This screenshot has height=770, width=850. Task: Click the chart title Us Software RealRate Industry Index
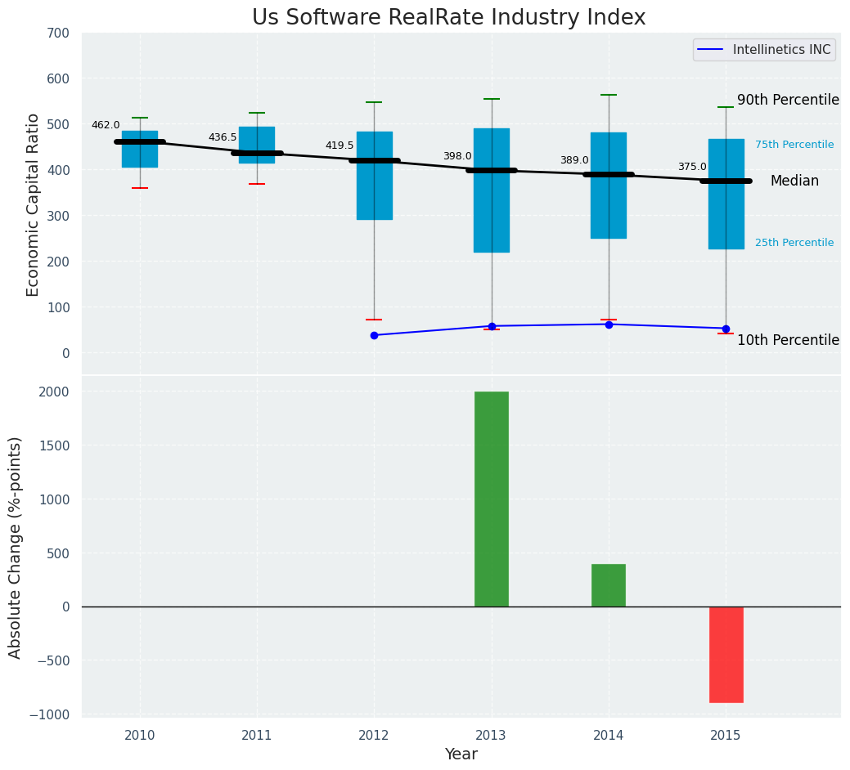tap(448, 18)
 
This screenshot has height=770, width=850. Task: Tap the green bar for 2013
tap(492, 499)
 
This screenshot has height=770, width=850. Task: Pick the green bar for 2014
tap(609, 585)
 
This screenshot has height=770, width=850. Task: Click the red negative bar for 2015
tap(726, 654)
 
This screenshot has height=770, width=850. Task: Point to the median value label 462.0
tap(106, 125)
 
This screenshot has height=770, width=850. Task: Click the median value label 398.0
tap(457, 156)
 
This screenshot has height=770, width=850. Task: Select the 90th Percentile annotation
tap(788, 101)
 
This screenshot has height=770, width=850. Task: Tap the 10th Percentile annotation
tap(788, 340)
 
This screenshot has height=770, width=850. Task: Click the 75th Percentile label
tap(794, 145)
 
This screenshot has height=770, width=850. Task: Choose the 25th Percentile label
tap(794, 243)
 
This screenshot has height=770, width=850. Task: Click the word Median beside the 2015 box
tap(794, 181)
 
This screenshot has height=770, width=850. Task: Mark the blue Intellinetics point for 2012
tap(374, 335)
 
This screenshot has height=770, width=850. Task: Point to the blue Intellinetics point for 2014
tap(609, 325)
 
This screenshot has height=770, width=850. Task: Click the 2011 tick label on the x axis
tap(257, 736)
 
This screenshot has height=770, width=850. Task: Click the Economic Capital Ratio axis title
tap(34, 204)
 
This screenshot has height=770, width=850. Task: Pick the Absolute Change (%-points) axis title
tap(16, 547)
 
